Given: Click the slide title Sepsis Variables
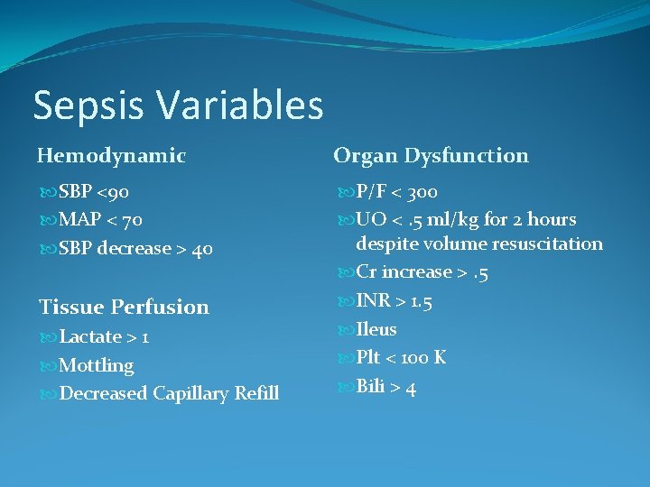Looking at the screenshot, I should point(178,105).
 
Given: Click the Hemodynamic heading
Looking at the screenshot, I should point(111,156).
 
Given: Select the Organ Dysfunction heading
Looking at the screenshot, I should point(431,156).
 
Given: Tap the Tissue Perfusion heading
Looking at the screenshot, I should point(123,307).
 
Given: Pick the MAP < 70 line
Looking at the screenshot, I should point(100,220).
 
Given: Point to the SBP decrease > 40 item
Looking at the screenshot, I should point(135,249).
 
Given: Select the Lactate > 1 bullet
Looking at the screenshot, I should point(104,337).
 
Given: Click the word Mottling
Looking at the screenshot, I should point(96,365).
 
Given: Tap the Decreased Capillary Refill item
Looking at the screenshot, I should point(168,394).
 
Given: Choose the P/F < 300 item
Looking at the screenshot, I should point(396,192).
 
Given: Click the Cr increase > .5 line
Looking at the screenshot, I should point(423,272).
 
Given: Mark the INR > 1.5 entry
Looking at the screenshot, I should point(394,301).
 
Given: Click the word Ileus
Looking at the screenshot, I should point(376,329).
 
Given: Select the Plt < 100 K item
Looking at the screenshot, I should point(400,358).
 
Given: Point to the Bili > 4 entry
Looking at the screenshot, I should point(385,388).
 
